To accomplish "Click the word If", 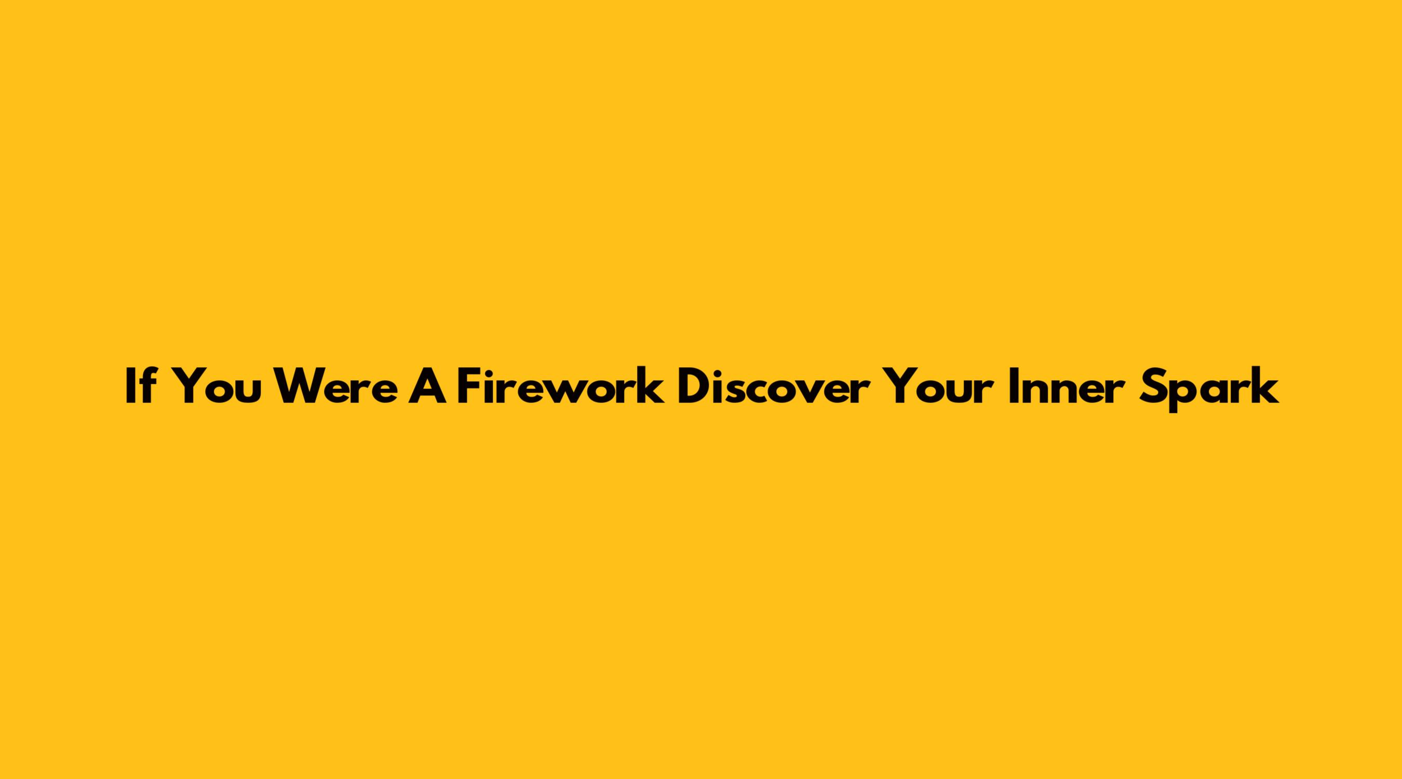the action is [x=140, y=385].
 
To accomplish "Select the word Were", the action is [x=336, y=386].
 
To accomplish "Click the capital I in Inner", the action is [x=1013, y=386].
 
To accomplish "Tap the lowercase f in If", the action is [x=146, y=385].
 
